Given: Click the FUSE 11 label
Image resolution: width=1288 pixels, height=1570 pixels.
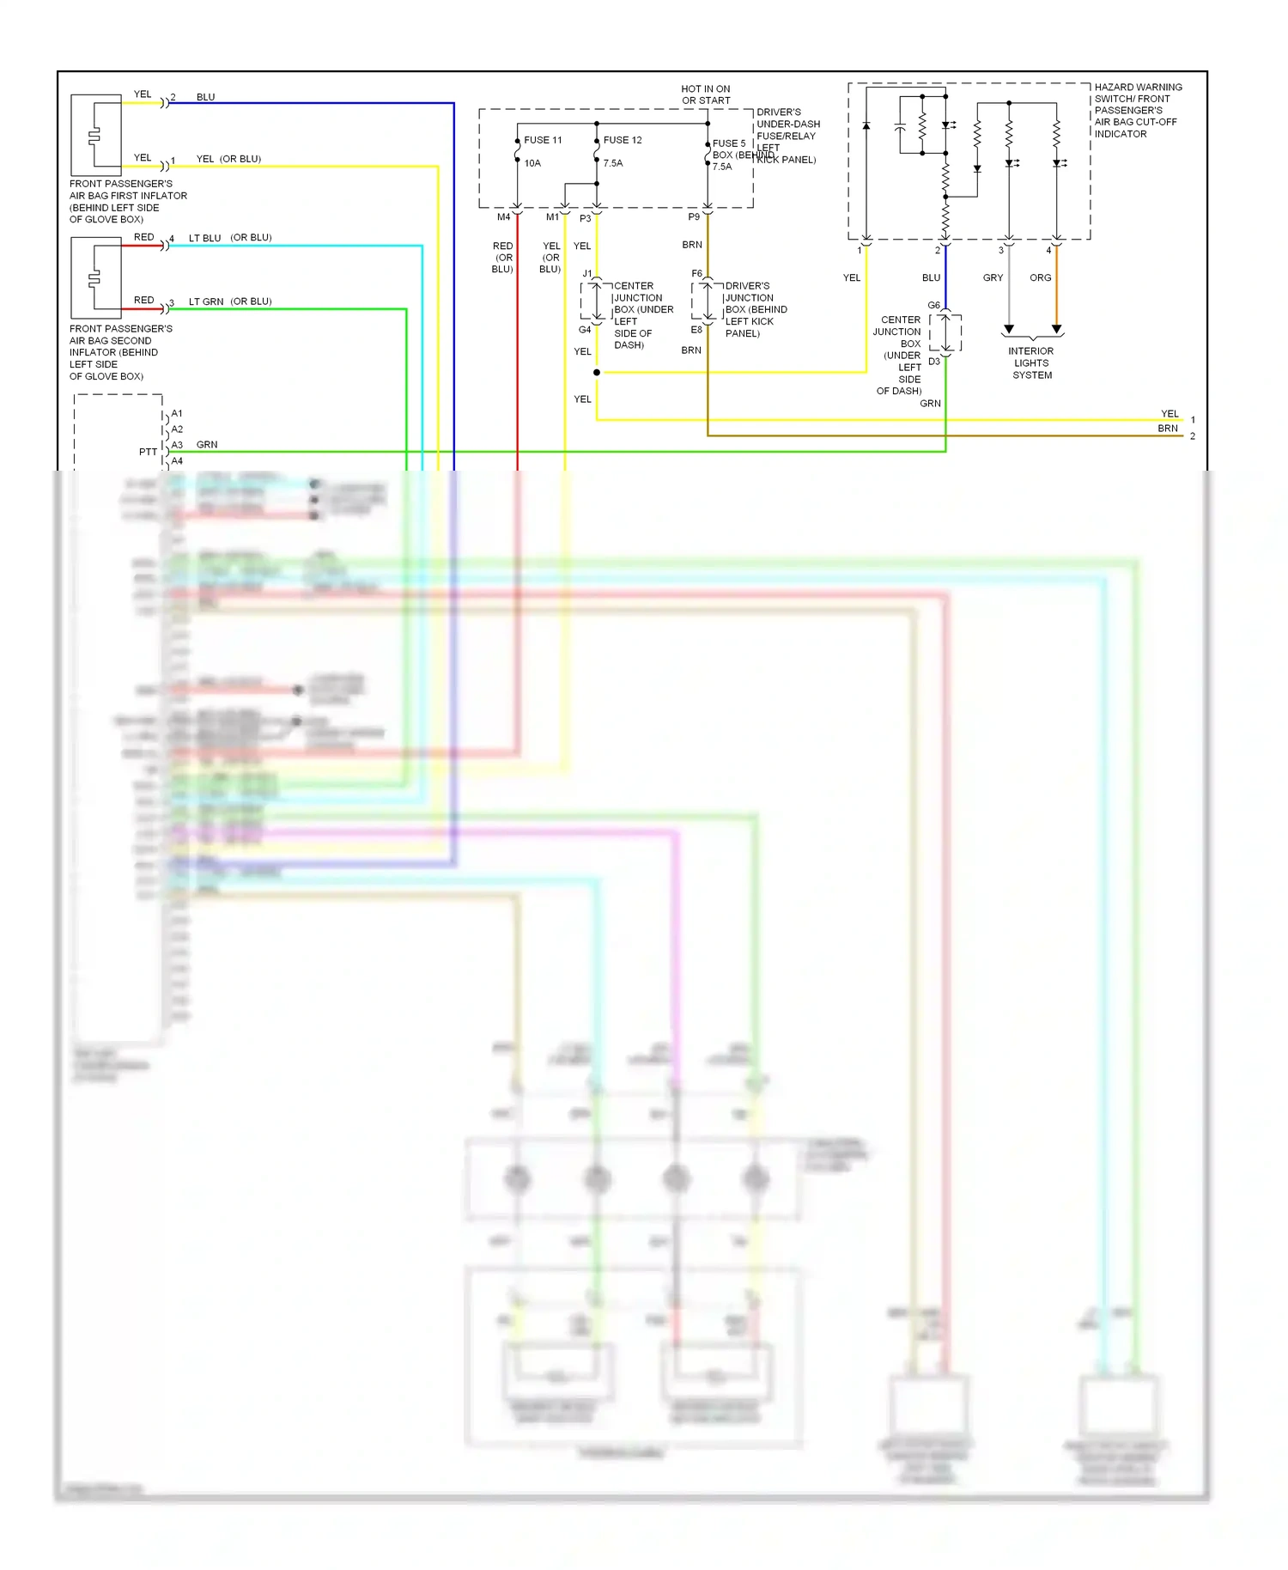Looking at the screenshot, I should [543, 140].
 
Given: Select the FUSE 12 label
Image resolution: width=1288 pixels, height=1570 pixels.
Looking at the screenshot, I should [623, 140].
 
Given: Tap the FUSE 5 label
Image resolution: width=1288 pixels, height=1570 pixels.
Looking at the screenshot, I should [729, 143].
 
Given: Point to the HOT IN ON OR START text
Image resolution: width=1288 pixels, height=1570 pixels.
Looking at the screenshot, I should [706, 94].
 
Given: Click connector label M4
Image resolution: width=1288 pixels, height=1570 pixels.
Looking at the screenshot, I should [503, 217].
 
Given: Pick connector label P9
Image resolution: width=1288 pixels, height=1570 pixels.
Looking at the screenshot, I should [694, 217].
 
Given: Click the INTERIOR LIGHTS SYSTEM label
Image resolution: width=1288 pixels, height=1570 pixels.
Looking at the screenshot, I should [1031, 363].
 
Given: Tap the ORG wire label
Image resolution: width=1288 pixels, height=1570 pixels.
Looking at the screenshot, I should [1040, 278].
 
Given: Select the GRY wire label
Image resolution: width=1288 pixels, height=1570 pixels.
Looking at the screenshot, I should [993, 278].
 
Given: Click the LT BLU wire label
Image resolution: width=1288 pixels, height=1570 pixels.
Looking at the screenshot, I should [205, 238].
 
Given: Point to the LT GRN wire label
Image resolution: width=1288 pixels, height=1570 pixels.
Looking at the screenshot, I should [206, 301].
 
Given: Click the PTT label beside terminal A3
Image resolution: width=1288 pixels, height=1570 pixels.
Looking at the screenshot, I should [148, 452].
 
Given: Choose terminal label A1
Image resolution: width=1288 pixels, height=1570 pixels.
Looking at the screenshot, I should [177, 414].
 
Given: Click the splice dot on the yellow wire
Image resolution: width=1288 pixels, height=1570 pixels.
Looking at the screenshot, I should [597, 373].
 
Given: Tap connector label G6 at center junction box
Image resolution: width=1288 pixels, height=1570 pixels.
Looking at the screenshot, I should [933, 306].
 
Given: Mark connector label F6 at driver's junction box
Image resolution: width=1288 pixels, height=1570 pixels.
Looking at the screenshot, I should [696, 274].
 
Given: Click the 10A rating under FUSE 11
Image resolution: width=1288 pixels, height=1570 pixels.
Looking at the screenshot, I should [532, 163].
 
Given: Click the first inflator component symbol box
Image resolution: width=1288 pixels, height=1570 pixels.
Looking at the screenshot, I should [95, 135].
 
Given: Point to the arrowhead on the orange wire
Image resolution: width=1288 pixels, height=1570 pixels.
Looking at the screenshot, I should [1057, 330].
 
